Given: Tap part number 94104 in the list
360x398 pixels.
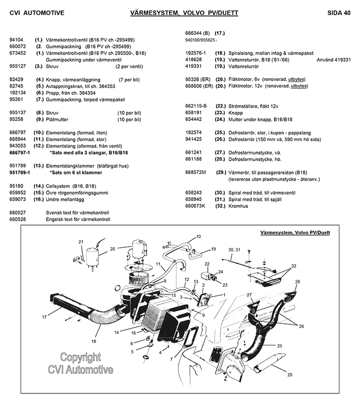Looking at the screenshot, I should coord(17,39).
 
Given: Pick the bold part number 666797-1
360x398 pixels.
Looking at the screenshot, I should coord(20,153).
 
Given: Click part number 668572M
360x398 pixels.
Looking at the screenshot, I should coord(195,172).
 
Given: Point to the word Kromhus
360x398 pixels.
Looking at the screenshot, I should coord(240,206).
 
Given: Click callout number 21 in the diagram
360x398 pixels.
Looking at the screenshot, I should coord(80,241).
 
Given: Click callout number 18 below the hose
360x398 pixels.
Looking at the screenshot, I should coord(94,341).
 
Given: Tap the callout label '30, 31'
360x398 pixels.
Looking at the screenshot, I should coord(234,250).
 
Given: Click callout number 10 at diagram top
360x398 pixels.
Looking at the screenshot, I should coord(198,237).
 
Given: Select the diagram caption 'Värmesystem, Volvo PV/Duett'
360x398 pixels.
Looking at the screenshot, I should coord(295,233).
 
